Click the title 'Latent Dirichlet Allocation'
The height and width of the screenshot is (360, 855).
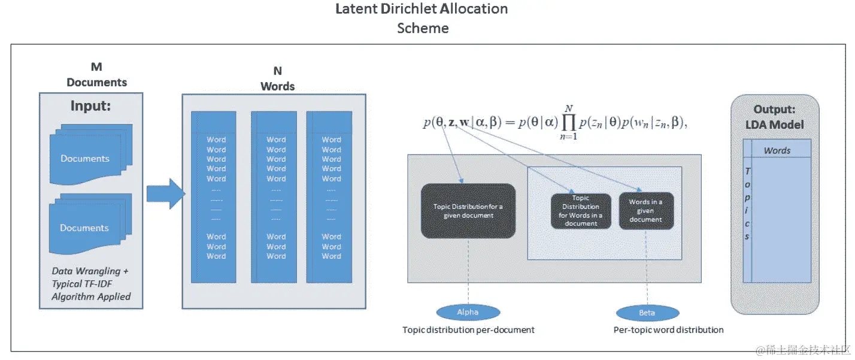tap(422, 9)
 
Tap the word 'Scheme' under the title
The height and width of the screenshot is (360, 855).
tap(422, 28)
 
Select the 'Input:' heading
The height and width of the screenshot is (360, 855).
tap(91, 106)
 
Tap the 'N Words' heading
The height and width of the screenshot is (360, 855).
tap(277, 80)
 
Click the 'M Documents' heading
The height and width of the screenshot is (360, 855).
tap(96, 75)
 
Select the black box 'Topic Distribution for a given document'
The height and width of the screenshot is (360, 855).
tap(468, 210)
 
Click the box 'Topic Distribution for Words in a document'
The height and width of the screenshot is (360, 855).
tap(581, 210)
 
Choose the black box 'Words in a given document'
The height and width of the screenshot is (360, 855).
tap(645, 210)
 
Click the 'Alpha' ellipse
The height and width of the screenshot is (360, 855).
tap(468, 312)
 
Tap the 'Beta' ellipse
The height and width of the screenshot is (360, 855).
tap(647, 313)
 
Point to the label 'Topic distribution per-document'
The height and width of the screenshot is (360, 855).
tap(468, 329)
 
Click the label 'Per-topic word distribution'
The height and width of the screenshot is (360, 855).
tap(668, 329)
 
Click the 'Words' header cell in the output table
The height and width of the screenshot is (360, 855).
tap(777, 150)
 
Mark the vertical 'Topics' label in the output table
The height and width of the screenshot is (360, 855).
tap(747, 204)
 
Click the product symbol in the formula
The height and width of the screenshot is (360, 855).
tap(564, 123)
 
